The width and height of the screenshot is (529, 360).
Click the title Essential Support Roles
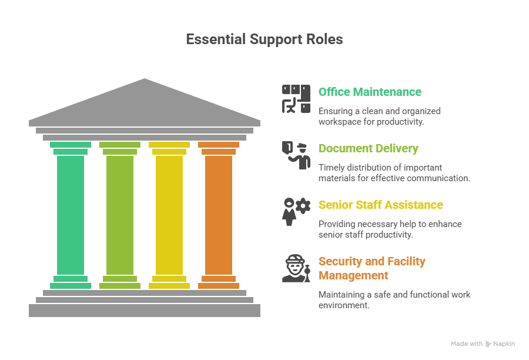point(264,39)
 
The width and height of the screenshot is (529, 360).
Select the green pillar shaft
point(71,215)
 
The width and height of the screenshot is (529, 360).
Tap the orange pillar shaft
point(219,215)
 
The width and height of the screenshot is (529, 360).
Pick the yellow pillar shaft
point(169,215)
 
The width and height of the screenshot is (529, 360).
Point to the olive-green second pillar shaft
point(120,215)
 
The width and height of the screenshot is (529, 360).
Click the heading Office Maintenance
point(370,92)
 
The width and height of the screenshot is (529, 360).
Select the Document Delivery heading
point(369,149)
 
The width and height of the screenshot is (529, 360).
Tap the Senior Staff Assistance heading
point(380,205)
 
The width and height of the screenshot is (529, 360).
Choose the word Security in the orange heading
point(340,262)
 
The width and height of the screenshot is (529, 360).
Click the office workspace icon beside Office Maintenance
point(296,99)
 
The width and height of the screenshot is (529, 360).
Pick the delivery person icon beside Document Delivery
point(296,155)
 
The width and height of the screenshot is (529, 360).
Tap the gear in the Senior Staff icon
point(303,206)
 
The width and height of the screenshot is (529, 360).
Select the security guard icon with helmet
point(296,268)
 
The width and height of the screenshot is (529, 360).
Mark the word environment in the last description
point(344,305)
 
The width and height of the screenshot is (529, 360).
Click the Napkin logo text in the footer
point(504,344)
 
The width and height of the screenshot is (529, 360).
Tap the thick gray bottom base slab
point(145,311)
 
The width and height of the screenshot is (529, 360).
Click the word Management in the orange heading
point(353,276)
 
